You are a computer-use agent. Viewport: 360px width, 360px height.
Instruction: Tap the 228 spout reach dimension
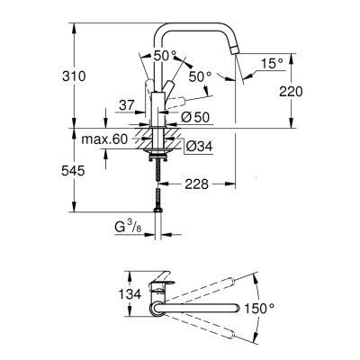click(x=199, y=184)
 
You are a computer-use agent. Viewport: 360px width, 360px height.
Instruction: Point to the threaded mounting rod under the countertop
click(x=159, y=170)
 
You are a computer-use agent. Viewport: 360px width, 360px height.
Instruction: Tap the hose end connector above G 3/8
click(x=159, y=207)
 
